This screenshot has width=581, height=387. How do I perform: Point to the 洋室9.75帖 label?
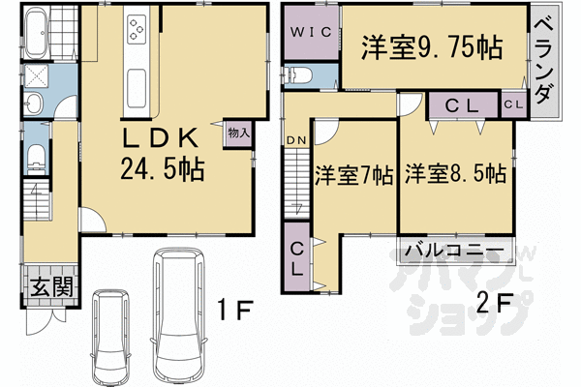(x=431, y=46)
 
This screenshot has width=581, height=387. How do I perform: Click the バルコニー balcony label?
(x=453, y=252)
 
